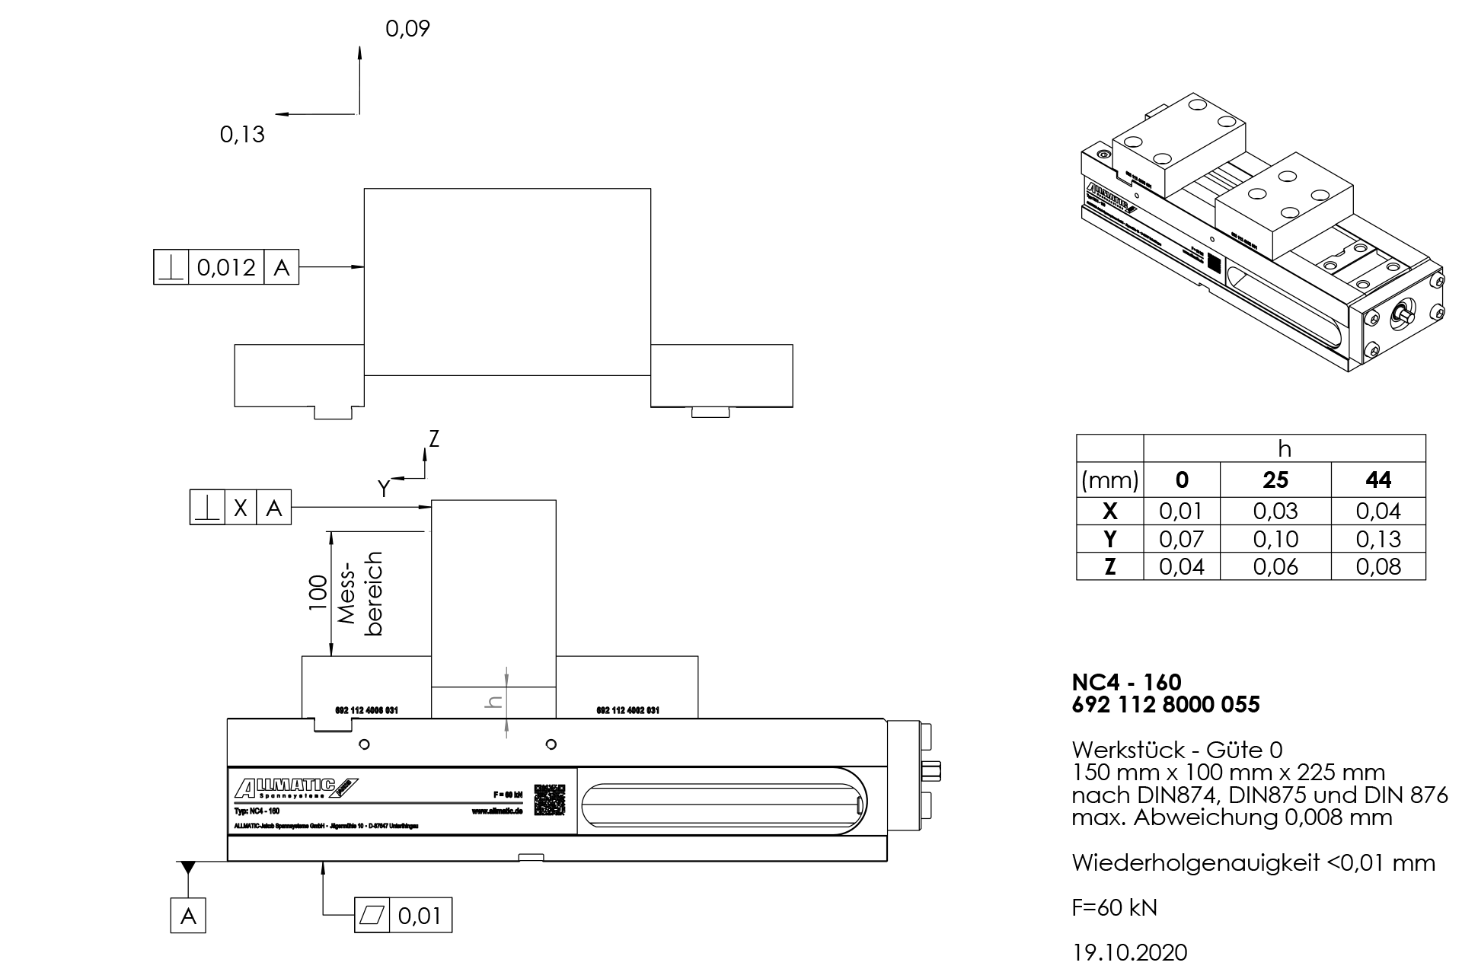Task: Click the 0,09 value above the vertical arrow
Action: coord(407,29)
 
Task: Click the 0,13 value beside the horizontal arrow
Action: coord(242,135)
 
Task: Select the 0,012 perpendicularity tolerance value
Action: coord(226,267)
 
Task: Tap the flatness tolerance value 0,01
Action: coord(420,915)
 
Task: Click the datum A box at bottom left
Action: coord(188,916)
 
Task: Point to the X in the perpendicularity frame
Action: coord(241,508)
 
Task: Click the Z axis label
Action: coord(434,439)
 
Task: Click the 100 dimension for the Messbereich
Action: coord(318,593)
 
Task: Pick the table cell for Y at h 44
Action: coord(1378,539)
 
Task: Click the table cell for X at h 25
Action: coord(1275,511)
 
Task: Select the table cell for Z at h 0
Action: coord(1181,567)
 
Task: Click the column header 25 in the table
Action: coord(1275,480)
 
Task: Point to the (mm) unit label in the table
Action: coord(1109,480)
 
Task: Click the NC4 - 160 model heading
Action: coord(1126,682)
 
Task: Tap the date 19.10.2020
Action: coord(1129,952)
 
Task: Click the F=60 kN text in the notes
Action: coord(1114,907)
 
